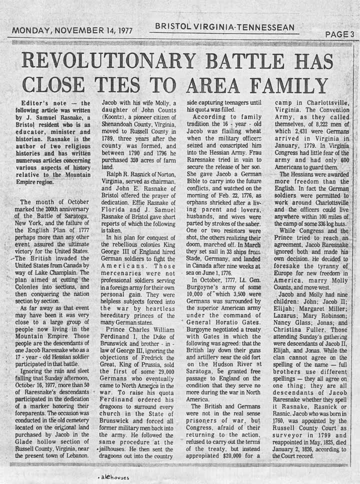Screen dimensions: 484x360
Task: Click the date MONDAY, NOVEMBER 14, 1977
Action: pos(72,30)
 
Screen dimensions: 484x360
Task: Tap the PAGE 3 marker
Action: pos(339,34)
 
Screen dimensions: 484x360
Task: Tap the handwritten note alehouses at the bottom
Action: pos(114,477)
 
